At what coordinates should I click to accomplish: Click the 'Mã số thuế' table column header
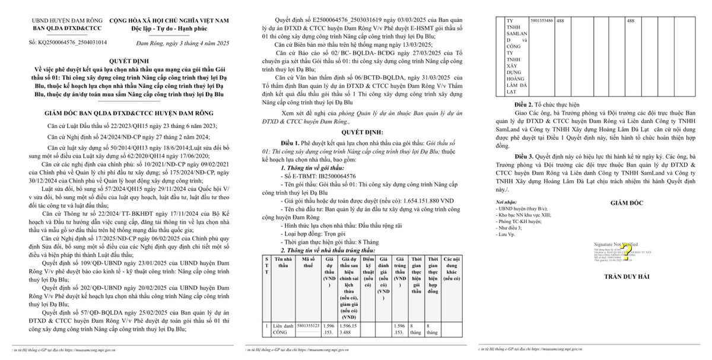point(311,262)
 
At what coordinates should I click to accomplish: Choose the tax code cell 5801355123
point(311,326)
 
